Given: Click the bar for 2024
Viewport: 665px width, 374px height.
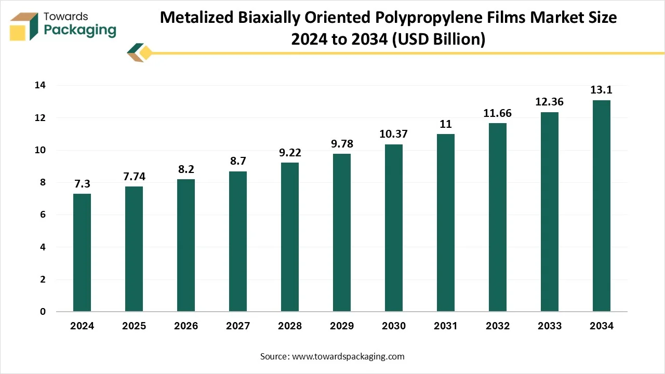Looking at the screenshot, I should (x=82, y=252).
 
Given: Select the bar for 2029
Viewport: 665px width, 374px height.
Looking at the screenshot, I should (x=342, y=233).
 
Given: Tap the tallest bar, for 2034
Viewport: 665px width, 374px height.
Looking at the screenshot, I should (x=602, y=206).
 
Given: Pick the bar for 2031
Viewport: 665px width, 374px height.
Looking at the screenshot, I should (x=446, y=223).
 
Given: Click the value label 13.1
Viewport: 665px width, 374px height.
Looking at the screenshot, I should (x=602, y=90).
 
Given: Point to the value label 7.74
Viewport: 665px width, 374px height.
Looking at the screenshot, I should (x=134, y=177).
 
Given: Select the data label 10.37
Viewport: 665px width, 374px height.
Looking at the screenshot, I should (x=394, y=134).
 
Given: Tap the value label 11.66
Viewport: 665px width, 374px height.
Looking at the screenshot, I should (x=498, y=113).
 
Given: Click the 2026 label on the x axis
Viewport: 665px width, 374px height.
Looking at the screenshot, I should (x=186, y=326).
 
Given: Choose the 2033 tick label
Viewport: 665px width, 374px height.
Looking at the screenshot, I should (x=550, y=326).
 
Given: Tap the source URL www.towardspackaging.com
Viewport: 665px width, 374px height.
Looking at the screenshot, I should (x=348, y=356).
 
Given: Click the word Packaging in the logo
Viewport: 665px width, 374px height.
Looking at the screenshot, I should (x=80, y=30).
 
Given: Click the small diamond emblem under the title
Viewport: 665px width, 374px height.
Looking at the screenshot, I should (x=139, y=52).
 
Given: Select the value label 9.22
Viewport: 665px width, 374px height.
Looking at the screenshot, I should (x=290, y=153).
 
